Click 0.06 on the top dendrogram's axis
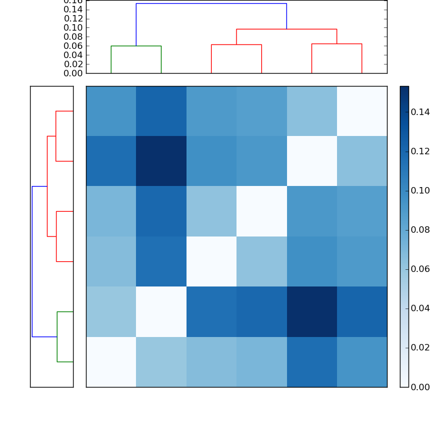coord(73,46)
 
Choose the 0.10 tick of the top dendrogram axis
coord(73,27)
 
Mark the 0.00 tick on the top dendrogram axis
coord(73,73)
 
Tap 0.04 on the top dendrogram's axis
coord(73,55)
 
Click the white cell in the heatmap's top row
coord(362,111)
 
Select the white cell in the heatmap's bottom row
coord(111,362)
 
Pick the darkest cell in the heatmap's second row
coord(161,161)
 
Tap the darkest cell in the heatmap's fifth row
coord(312,312)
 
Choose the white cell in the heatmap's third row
coord(261,211)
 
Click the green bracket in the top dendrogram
coord(136,46)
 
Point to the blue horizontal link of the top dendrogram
coord(211,4)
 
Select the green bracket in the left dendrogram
coord(58,336)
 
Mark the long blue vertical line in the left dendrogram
coord(32,261)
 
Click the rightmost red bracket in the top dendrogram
coord(336,44)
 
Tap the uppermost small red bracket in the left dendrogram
coord(56,136)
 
